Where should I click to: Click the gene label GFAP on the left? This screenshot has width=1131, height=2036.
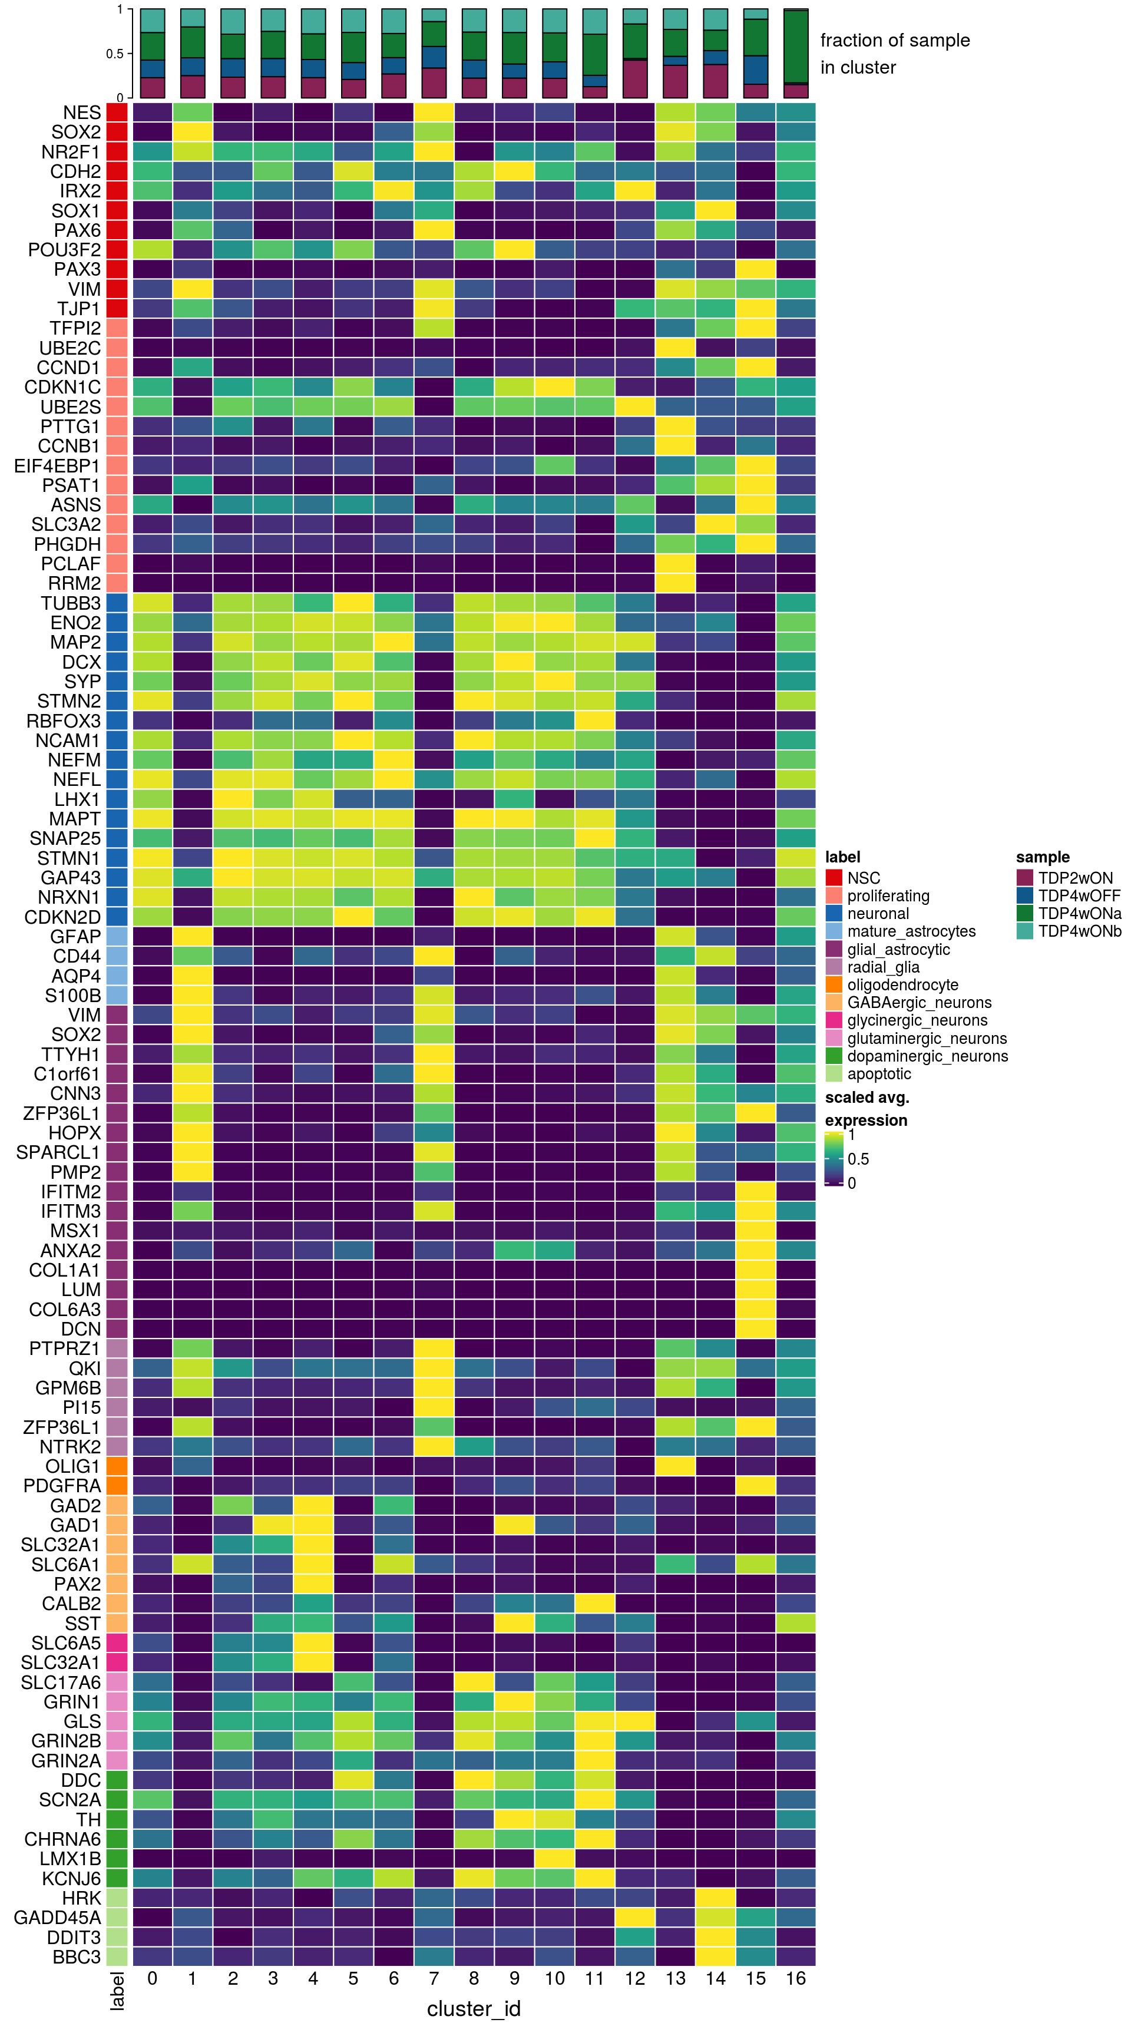[76, 937]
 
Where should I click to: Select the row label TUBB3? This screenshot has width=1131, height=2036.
[71, 603]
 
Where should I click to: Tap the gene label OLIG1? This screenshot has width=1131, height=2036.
[72, 1466]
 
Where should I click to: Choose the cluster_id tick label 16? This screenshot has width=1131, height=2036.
[795, 1978]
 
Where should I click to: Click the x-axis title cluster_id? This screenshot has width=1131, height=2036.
[474, 2009]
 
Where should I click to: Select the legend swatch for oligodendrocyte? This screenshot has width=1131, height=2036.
[834, 985]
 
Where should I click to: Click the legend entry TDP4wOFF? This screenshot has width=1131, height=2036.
[1079, 895]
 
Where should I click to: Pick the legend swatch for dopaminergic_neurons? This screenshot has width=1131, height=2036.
[834, 1056]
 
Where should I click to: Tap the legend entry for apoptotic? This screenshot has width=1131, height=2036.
[879, 1074]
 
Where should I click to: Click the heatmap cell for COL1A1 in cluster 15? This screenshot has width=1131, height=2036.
[756, 1270]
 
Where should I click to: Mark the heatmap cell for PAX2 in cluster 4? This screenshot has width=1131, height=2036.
[313, 1584]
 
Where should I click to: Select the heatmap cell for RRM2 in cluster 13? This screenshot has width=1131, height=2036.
[675, 583]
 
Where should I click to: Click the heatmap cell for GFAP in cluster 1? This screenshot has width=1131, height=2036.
[192, 937]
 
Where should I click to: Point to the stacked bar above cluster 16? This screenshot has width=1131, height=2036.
[795, 53]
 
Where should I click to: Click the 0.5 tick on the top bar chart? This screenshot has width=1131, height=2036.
[115, 54]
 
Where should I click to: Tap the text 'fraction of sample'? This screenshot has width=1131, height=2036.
[895, 40]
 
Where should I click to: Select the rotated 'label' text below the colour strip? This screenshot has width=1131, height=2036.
[117, 1990]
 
